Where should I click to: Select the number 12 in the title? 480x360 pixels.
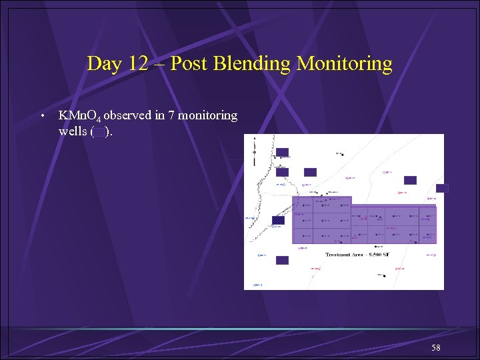tap(139, 64)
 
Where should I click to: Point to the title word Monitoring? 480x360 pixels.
tap(345, 64)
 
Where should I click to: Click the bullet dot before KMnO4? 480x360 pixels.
tap(42, 116)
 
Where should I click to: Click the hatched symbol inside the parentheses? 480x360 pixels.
tap(99, 132)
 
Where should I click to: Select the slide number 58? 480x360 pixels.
tap(435, 348)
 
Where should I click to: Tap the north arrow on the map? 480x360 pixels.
tap(254, 152)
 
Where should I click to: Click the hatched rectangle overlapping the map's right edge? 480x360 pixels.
tap(442, 188)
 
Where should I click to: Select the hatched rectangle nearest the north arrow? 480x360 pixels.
tap(282, 152)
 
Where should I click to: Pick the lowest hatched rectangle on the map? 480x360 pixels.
tap(282, 260)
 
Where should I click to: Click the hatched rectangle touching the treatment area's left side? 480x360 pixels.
tap(278, 220)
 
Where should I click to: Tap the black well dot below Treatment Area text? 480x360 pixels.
tap(383, 275)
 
